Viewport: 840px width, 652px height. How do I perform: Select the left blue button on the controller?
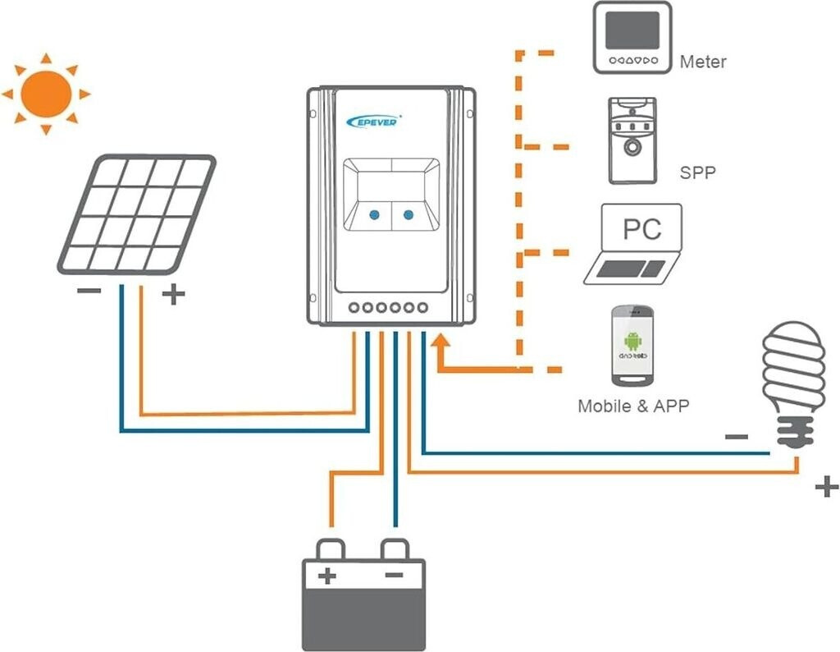tap(374, 215)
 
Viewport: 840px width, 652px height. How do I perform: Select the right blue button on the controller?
tap(407, 215)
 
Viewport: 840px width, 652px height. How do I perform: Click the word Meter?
tap(703, 62)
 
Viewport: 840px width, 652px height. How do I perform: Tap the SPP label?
tap(697, 173)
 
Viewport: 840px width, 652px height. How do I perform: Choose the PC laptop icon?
tap(634, 244)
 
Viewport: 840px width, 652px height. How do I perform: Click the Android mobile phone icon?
tap(632, 346)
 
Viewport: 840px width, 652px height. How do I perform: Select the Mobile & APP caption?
tap(632, 406)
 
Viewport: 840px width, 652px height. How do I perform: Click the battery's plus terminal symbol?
tap(327, 576)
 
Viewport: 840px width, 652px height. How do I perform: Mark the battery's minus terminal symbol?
tap(395, 576)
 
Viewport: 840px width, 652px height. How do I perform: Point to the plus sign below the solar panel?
tap(172, 295)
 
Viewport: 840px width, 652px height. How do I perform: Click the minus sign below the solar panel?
tap(89, 292)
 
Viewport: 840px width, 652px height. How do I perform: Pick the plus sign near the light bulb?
tap(826, 487)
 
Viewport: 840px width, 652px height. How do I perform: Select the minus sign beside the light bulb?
tap(736, 437)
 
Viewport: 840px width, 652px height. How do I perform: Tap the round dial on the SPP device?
tap(632, 147)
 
